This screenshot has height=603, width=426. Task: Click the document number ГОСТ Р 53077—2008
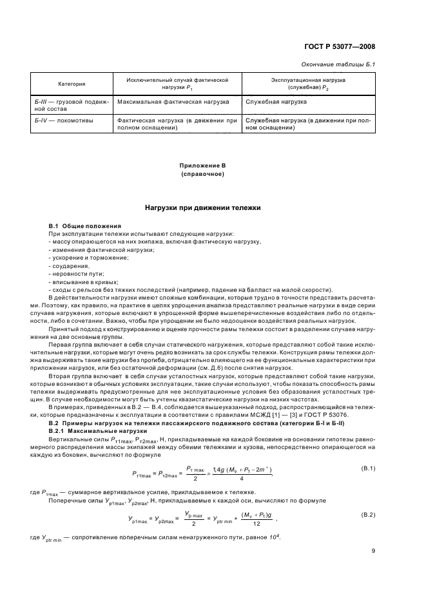(x=342, y=47)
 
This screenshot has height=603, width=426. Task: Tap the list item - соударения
(x=69, y=265)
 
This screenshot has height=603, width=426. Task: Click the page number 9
(x=373, y=550)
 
